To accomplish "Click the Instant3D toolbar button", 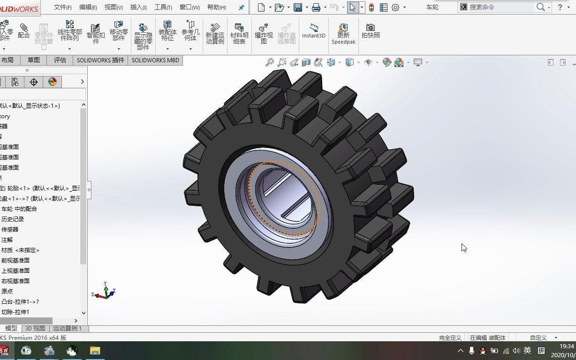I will tap(313, 31).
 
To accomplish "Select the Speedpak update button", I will tap(343, 34).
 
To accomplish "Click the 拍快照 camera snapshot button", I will tap(371, 31).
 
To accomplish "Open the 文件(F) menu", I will tap(63, 7).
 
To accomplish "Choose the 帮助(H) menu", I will tap(216, 7).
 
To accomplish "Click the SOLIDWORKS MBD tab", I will tap(155, 60).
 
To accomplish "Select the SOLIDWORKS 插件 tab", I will tap(101, 60).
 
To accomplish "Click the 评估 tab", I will tap(60, 60).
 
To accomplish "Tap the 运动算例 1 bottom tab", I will tap(67, 328).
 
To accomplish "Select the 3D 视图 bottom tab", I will tap(35, 328).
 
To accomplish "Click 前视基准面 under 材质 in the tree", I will tap(15, 260).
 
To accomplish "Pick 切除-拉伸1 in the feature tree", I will tap(15, 312).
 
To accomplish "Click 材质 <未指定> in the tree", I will tap(20, 250).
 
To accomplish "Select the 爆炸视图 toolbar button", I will tap(264, 34).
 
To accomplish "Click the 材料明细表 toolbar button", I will tap(239, 34).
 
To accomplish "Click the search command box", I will tap(500, 7).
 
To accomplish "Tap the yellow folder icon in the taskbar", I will tap(95, 350).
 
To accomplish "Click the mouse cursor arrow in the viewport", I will tap(464, 247).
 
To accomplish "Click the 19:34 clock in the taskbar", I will tap(567, 346).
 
